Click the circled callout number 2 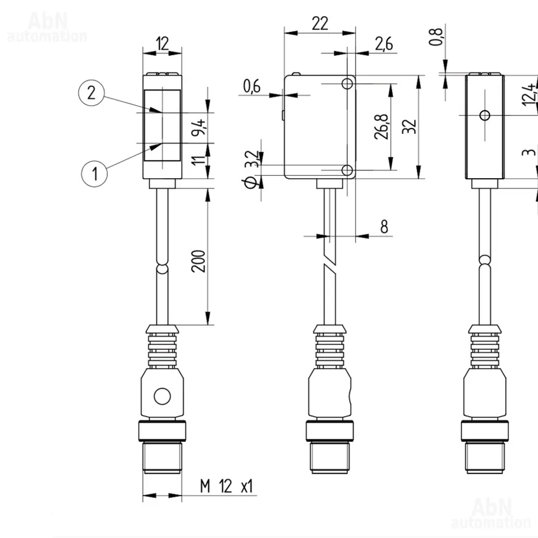tap(91, 93)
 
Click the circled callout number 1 tap(94, 173)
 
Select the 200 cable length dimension tap(198, 261)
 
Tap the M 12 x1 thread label tap(227, 487)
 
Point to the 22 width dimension tap(320, 24)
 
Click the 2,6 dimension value tap(384, 44)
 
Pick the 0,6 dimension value tap(252, 86)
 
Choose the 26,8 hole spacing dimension tap(381, 127)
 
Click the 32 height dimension tap(409, 127)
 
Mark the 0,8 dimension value tap(436, 36)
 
